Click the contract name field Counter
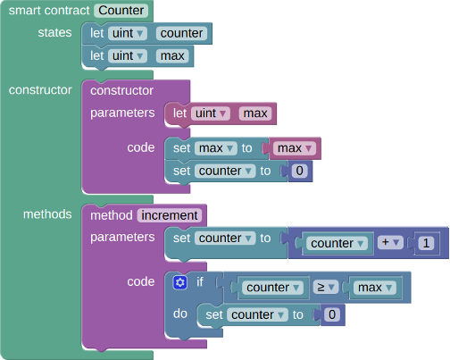pyautogui.click(x=122, y=11)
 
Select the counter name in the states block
pyautogui.click(x=181, y=34)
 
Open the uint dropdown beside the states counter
pyautogui.click(x=129, y=34)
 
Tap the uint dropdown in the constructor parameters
pyautogui.click(x=212, y=113)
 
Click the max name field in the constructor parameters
pyautogui.click(x=254, y=113)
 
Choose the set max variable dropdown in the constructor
pyautogui.click(x=216, y=147)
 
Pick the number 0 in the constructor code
pyautogui.click(x=300, y=171)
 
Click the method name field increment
pyautogui.click(x=169, y=215)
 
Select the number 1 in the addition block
pyautogui.click(x=426, y=242)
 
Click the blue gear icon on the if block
pyautogui.click(x=179, y=282)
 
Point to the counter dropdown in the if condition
pyautogui.click(x=271, y=288)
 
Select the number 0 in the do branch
pyautogui.click(x=332, y=314)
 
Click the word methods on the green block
pyautogui.click(x=41, y=215)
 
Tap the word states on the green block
pyautogui.click(x=55, y=33)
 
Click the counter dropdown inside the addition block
pyautogui.click(x=337, y=243)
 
